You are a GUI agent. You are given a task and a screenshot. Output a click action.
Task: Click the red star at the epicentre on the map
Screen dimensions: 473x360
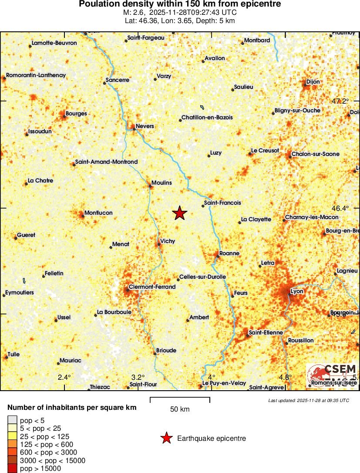coord(180,213)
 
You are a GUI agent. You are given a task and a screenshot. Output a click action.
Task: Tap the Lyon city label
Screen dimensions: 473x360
coord(296,291)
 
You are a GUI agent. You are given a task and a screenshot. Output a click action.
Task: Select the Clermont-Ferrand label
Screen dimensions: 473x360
coord(152,287)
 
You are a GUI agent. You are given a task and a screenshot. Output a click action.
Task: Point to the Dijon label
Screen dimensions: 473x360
coord(313,81)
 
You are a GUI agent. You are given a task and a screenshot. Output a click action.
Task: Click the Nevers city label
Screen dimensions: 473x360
coord(145,126)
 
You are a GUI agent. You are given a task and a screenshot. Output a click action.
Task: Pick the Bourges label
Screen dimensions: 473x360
coord(76,114)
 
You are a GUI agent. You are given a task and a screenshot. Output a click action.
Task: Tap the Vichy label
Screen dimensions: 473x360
coord(168,241)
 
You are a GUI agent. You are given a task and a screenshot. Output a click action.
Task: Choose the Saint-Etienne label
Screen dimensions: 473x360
coord(266,333)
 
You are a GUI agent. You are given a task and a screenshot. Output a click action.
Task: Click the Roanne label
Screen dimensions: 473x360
coord(230,253)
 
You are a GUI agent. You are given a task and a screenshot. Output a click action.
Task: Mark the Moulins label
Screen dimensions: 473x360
coord(161,183)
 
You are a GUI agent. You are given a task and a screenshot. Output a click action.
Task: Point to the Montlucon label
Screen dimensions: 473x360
coord(98,213)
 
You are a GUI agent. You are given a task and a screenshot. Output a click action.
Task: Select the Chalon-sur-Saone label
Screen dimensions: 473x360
coord(316,154)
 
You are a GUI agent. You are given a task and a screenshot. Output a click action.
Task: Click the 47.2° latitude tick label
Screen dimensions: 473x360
coord(340,101)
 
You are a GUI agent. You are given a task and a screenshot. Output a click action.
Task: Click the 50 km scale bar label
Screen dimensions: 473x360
coord(180,409)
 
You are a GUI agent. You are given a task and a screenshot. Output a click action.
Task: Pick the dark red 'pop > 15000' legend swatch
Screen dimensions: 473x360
coord(13,468)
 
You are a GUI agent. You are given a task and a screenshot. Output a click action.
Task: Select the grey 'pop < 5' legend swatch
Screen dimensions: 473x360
coord(13,420)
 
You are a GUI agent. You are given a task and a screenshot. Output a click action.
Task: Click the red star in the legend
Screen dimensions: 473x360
coord(166,438)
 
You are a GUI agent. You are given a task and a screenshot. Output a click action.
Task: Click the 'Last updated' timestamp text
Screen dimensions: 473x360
coord(308,400)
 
